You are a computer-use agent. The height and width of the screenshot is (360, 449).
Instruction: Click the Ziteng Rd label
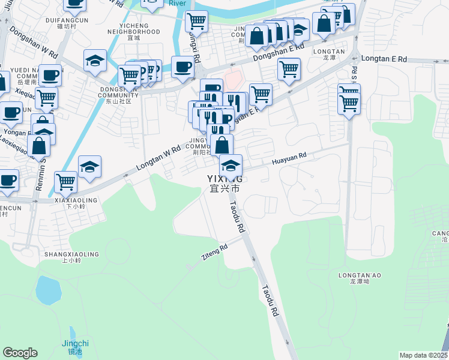coord(214,252)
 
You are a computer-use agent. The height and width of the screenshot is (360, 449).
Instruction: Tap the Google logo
coord(20,352)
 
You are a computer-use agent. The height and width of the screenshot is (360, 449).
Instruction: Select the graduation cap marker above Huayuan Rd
coord(231,164)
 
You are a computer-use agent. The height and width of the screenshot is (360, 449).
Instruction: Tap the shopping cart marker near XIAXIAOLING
coord(65,181)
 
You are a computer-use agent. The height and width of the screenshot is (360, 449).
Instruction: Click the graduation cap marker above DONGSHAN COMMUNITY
coord(95,61)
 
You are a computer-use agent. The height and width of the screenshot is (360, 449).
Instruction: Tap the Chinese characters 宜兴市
coord(225,189)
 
